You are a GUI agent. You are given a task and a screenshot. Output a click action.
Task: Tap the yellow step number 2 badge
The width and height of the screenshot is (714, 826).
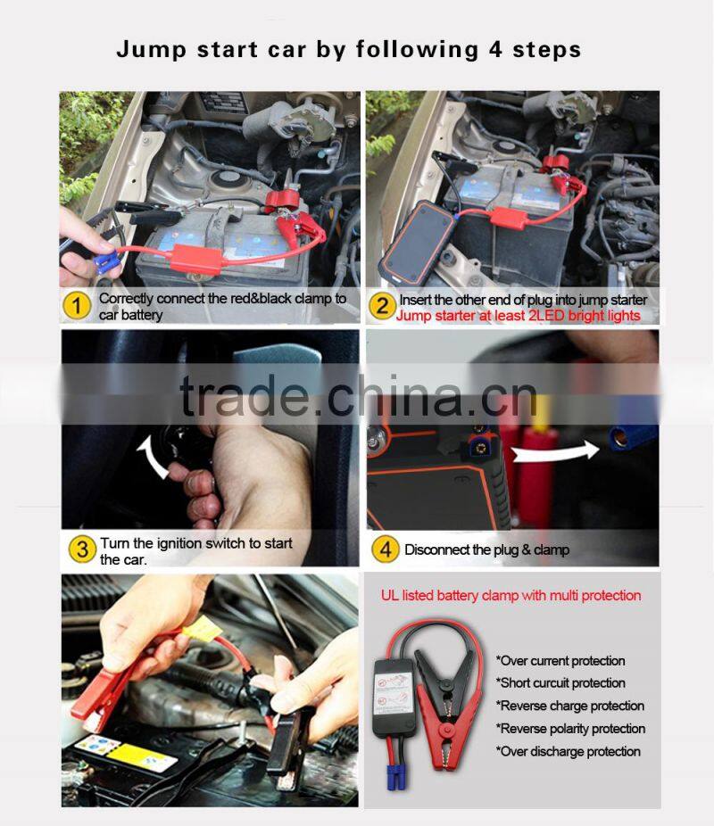[382, 306]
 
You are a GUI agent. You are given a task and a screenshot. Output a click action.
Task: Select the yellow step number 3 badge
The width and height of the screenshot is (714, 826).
[81, 549]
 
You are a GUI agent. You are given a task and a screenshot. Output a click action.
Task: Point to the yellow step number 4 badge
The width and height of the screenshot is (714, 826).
[385, 549]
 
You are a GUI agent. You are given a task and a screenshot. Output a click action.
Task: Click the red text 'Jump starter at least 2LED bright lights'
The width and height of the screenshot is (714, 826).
[519, 316]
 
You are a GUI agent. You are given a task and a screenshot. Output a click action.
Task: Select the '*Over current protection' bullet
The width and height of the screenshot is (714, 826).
[560, 661]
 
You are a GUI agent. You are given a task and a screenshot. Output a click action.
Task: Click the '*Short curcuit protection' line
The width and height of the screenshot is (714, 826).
[560, 683]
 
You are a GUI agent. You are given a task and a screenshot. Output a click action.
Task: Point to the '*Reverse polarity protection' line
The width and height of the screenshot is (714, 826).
[569, 729]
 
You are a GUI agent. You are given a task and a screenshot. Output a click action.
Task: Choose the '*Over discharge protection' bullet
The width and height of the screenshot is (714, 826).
[568, 751]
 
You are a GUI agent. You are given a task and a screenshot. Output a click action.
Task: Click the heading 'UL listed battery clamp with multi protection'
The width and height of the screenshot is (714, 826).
[511, 595]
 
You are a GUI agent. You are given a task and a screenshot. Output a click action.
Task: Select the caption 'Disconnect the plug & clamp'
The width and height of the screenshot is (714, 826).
[486, 549]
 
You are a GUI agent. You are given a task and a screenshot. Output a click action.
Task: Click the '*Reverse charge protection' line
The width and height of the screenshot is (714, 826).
[569, 706]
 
